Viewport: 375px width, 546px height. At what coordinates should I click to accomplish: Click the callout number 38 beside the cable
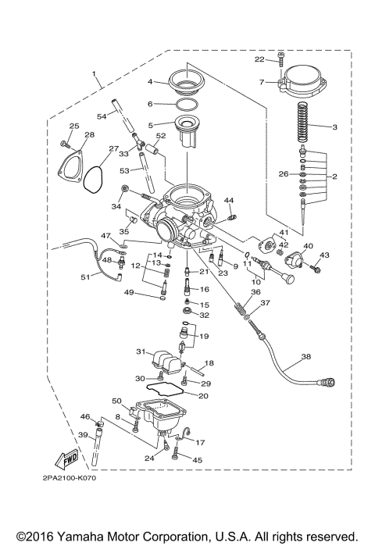tap(305, 356)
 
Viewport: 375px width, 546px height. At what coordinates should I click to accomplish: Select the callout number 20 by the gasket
tap(204, 396)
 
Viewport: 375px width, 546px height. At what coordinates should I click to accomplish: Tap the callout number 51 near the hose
tap(85, 277)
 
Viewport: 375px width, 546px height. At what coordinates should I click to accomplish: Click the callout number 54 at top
tap(102, 116)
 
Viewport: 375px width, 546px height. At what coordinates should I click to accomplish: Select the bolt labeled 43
tap(315, 268)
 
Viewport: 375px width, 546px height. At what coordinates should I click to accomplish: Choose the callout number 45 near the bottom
tap(197, 460)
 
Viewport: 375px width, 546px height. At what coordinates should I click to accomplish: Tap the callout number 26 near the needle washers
tap(284, 173)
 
